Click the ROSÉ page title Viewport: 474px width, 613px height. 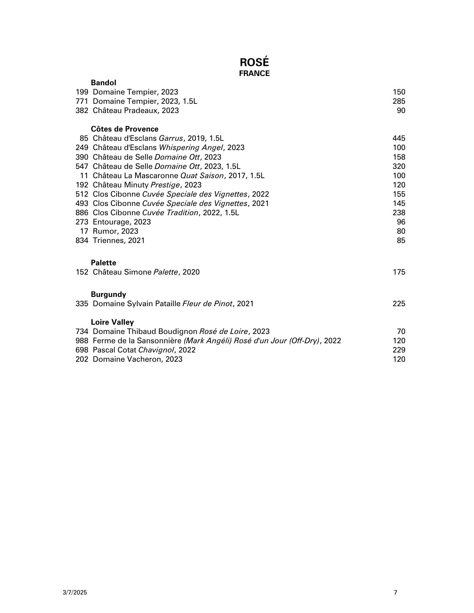254,62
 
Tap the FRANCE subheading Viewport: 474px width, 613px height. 254,73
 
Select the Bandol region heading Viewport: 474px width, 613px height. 103,83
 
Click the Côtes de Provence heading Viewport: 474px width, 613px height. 125,129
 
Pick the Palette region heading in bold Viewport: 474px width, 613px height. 103,263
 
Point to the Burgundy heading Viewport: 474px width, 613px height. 108,294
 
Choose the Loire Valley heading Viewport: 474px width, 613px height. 112,322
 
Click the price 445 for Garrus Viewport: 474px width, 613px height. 399,138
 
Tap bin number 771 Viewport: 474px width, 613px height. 82,101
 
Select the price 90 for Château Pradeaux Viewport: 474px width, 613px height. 401,110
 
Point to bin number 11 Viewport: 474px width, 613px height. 84,176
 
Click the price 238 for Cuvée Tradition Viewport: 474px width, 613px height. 399,213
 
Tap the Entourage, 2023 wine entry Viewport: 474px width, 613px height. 122,222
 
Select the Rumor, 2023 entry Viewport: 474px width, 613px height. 115,231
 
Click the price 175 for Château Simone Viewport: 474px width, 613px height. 399,272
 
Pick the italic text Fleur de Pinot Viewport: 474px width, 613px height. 207,304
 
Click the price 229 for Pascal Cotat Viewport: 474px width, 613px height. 399,350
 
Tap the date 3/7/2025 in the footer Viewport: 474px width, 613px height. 75,593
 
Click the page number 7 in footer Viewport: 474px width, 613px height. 396,593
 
